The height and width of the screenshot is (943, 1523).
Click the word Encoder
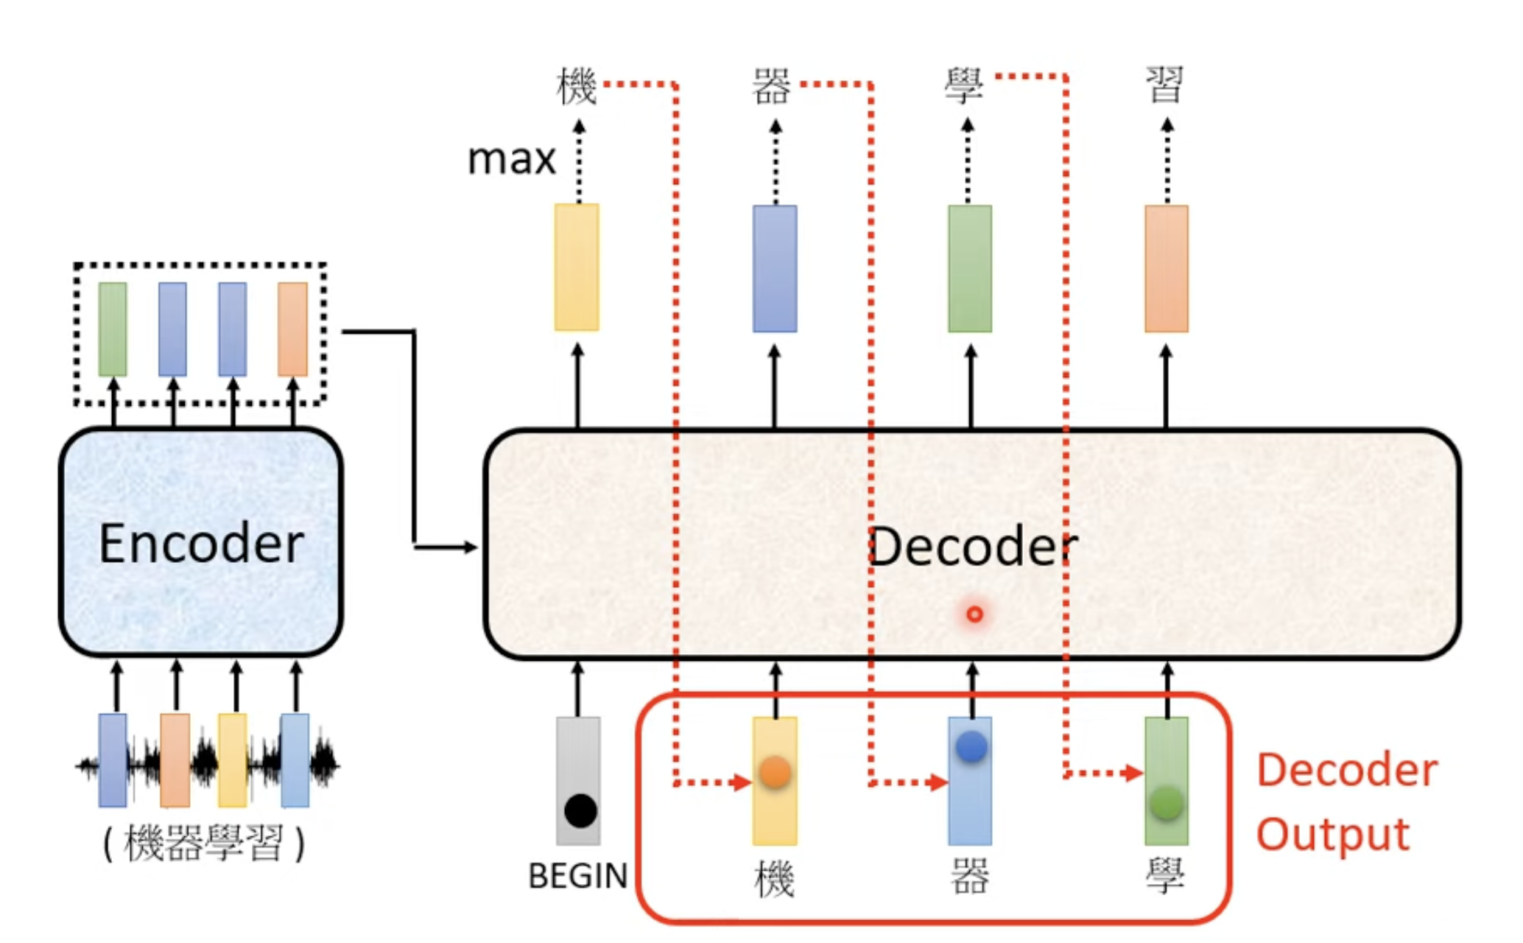pos(201,544)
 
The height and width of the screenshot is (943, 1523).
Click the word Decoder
pos(973,547)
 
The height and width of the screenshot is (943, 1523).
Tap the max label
pos(512,159)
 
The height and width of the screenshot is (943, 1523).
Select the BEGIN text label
pos(578,876)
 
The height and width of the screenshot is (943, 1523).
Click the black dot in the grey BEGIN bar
pos(580,811)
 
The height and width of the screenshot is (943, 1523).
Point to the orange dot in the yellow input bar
pos(775,773)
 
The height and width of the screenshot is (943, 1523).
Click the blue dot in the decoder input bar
pos(971,747)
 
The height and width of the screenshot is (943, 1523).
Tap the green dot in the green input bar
pos(1167,803)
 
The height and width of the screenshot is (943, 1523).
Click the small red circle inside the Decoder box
pos(974,614)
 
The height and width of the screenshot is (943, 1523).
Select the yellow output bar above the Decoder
pos(577,267)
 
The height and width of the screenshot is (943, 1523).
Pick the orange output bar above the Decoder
pos(1167,269)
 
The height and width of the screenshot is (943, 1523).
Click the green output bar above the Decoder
pos(970,269)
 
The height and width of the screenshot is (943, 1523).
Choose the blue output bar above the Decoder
pos(775,269)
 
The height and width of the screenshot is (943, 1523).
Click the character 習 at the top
pos(1164,84)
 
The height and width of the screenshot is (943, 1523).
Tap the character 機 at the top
pos(576,85)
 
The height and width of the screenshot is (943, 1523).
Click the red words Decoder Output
pos(1347,802)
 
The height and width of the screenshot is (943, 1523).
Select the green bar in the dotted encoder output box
pos(113,329)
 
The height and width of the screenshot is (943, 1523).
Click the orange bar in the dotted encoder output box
pos(292,329)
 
